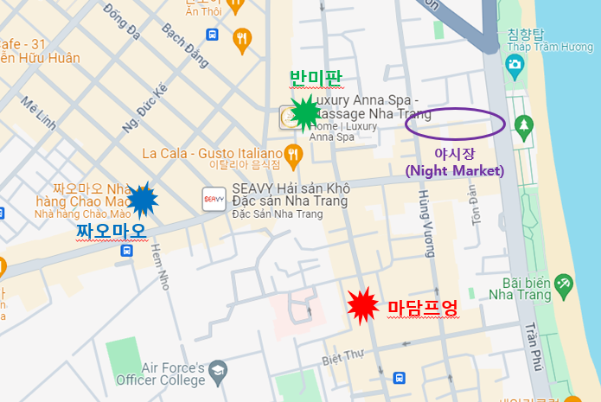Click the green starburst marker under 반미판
(x=304, y=112)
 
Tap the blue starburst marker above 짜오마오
(x=142, y=200)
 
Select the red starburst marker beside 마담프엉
(x=362, y=305)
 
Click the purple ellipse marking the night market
(x=456, y=122)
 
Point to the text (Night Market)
(x=454, y=170)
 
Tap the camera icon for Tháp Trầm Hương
(x=515, y=63)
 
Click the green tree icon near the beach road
(x=522, y=127)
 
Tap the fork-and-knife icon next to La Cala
(x=294, y=155)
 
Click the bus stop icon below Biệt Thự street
(x=399, y=378)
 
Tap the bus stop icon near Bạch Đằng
(x=212, y=35)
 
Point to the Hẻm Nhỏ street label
(x=158, y=262)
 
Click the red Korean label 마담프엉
(x=422, y=307)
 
